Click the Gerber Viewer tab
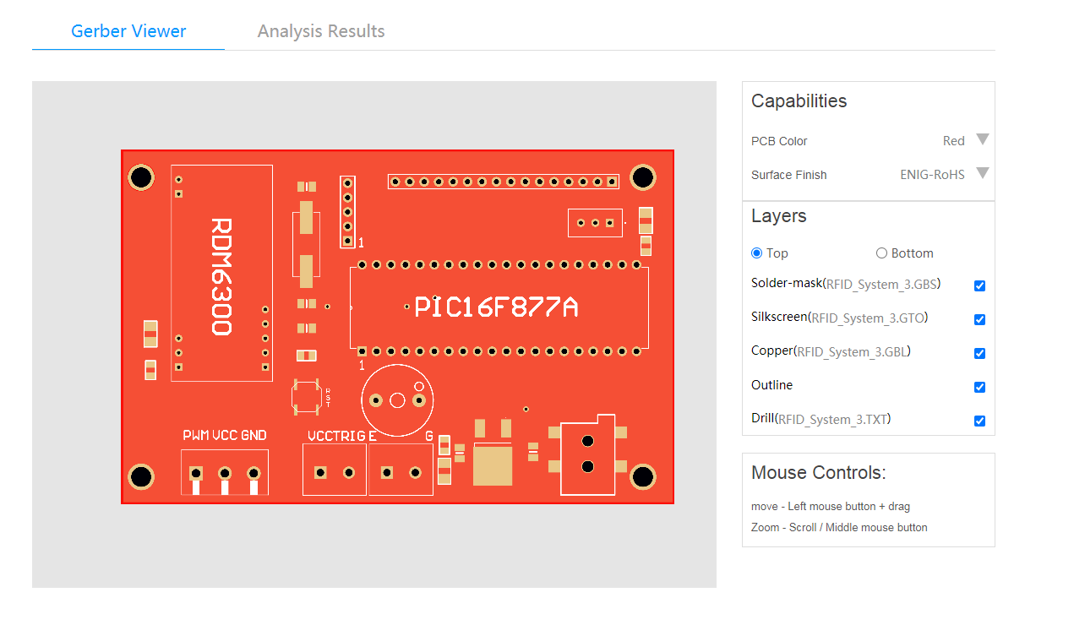coord(128,31)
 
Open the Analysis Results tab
coord(321,31)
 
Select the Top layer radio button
coord(756,253)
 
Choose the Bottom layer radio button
coord(881,253)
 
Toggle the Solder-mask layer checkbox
coord(979,285)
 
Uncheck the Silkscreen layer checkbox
coord(979,319)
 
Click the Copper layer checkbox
coord(979,353)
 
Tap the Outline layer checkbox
coord(979,387)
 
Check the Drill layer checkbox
coord(979,421)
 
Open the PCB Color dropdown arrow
coord(982,139)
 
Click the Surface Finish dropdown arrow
coord(982,173)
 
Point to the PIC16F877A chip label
coord(496,307)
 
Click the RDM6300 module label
coord(221,277)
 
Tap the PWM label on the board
coord(196,436)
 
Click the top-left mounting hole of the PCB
coord(141,177)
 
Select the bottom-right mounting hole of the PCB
coord(643,476)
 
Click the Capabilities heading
coord(799,101)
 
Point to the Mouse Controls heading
coord(818,473)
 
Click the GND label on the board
coord(254,436)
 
